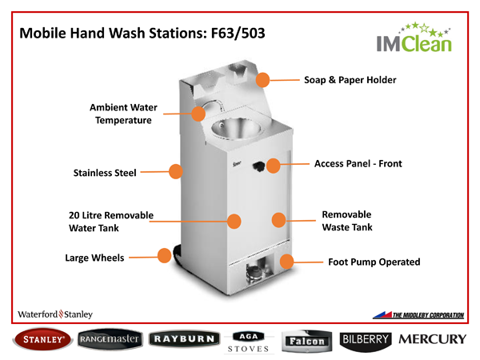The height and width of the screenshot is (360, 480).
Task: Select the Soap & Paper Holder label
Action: tap(350, 80)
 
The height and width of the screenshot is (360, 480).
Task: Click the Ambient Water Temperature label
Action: tap(123, 114)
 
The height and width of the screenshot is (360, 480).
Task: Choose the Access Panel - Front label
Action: tap(358, 164)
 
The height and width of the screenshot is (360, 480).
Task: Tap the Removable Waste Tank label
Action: tap(346, 221)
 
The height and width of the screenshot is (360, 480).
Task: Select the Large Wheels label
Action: tap(94, 258)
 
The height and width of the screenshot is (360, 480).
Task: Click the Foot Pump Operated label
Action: tap(374, 262)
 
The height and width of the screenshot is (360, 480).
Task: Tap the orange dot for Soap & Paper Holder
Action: tap(263, 79)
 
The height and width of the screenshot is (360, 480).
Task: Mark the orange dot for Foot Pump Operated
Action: tap(287, 262)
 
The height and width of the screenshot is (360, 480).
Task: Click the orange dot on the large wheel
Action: tap(165, 256)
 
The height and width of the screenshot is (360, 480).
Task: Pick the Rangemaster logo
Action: tap(110, 339)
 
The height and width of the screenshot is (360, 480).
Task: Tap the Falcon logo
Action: tap(306, 340)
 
